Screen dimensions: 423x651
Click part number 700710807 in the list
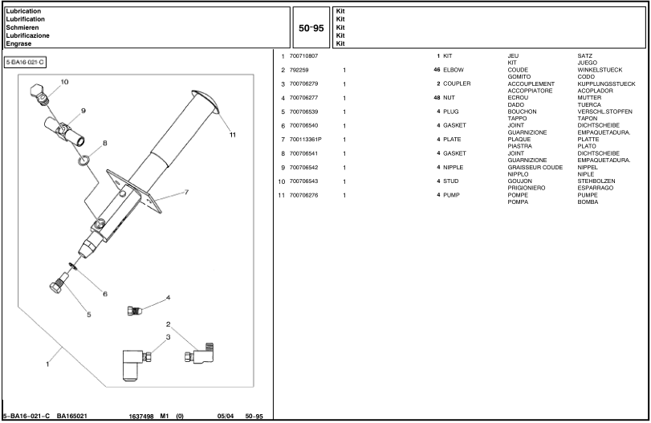[303, 55]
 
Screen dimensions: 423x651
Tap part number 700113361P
[306, 139]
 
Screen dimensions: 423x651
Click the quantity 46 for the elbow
[436, 70]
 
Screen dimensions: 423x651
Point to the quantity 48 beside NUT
[436, 97]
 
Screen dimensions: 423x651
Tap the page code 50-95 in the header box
[311, 27]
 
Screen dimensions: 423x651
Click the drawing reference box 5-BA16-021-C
[26, 63]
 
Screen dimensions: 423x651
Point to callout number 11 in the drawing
[233, 134]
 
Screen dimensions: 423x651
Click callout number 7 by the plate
[186, 193]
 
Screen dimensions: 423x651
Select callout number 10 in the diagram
[64, 82]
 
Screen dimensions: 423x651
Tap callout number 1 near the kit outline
[47, 363]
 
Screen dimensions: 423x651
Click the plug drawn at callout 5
[59, 285]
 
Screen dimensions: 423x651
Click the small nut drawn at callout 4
[136, 310]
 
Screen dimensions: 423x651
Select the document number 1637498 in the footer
[142, 416]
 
